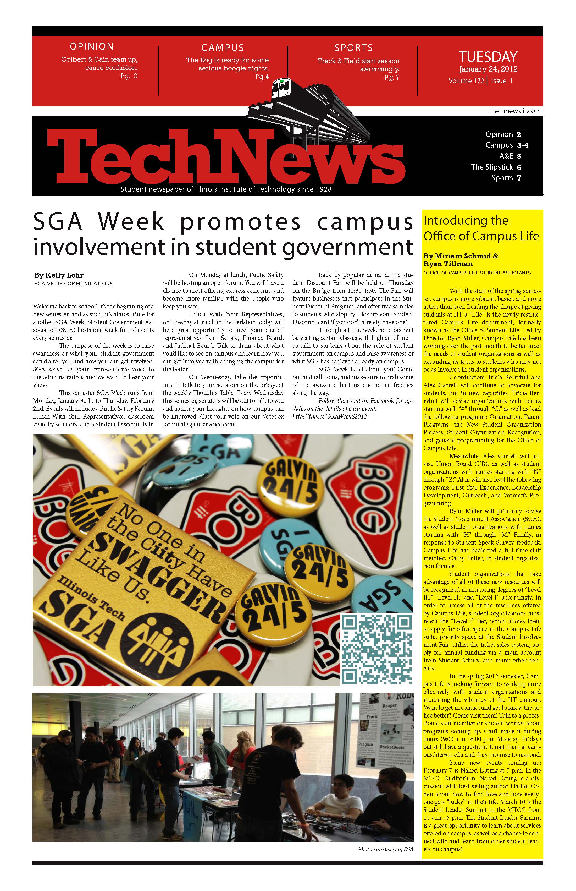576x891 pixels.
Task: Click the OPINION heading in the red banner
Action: point(92,46)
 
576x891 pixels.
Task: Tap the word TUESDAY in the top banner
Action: point(488,57)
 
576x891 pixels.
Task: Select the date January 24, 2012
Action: point(488,69)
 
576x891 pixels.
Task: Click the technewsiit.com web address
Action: point(516,111)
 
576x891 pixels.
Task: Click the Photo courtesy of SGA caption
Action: point(385,849)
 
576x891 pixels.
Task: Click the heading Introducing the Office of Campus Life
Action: point(481,228)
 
